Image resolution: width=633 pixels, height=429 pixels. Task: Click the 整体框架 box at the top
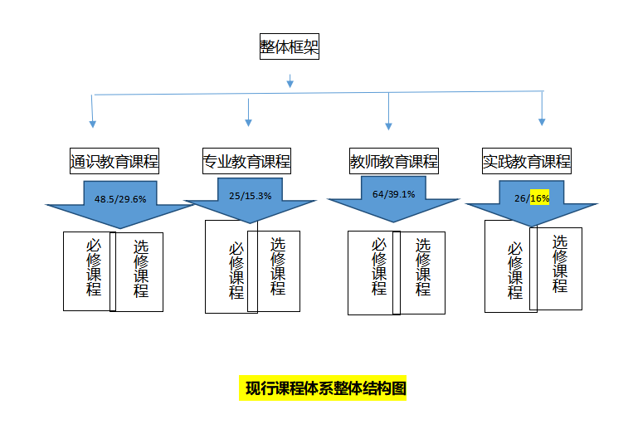pos(289,47)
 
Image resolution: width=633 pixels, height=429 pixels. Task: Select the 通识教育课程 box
pos(114,161)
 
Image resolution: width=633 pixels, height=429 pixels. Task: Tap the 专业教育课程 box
pos(247,161)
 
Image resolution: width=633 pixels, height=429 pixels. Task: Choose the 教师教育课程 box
pos(394,161)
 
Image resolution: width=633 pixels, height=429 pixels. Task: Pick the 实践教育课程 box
pos(527,161)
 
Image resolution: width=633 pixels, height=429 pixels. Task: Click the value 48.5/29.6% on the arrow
pos(119,199)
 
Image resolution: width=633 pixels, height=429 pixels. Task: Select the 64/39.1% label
pos(393,194)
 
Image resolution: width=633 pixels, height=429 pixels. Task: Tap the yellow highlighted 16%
pos(539,198)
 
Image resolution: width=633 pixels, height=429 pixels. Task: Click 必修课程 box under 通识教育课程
pos(90,271)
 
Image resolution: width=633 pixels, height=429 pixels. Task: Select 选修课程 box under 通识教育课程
pos(139,271)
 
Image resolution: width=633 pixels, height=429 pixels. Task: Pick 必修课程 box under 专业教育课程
pos(231,267)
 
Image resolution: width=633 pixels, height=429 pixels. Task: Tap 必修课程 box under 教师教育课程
pos(374,272)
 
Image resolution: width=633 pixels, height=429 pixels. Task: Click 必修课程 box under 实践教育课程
pos(510,266)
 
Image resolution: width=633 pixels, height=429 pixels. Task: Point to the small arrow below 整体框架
pos(290,81)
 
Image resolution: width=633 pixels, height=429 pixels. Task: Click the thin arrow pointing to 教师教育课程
pos(388,110)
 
